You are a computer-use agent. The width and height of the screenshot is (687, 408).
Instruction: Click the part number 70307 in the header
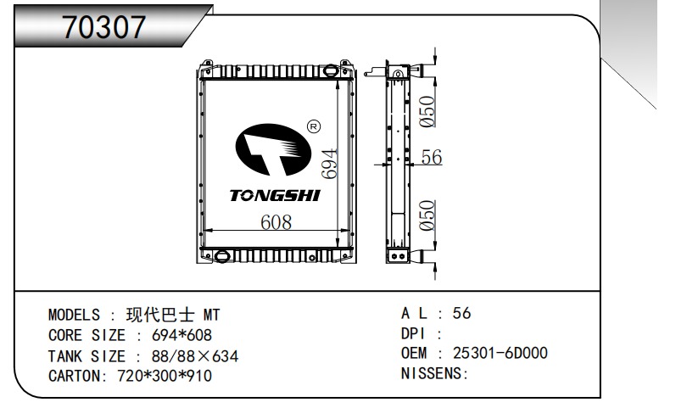pos(103,28)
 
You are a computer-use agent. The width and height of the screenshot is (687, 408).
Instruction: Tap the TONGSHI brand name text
pos(274,196)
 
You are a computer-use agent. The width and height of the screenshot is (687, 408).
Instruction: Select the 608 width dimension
pos(276,222)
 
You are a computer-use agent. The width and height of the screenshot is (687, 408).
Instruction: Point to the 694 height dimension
pos(329,163)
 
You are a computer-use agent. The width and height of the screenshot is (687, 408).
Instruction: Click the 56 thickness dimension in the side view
pos(432,157)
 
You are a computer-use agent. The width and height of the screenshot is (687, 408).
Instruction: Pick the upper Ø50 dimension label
pos(428,111)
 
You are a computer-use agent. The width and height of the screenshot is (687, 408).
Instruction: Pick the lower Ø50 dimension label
pos(428,215)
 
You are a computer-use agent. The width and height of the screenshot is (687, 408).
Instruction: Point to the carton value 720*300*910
pos(164,376)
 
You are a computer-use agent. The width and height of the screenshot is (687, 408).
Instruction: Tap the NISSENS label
pos(434,374)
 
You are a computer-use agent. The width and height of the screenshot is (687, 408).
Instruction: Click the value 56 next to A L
pos(461,313)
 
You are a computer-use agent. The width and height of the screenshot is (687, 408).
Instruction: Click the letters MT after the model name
pos(210,316)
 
